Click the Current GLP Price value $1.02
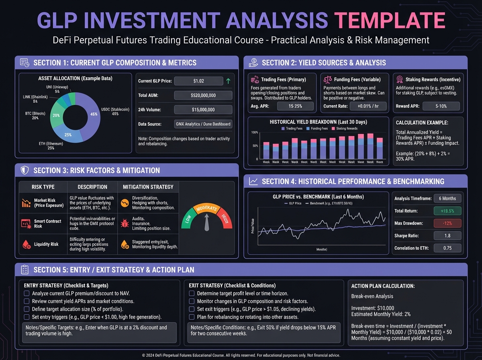tap(198, 81)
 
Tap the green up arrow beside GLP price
tap(228, 81)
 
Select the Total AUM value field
tap(203, 96)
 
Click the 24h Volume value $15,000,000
tap(203, 110)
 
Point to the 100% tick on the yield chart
tap(254, 133)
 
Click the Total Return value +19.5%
tap(447, 211)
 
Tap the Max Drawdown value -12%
tap(447, 223)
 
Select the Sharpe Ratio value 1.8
tap(447, 236)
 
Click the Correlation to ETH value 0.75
tap(447, 248)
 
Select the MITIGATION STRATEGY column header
tap(148, 187)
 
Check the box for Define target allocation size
tap(27, 309)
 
